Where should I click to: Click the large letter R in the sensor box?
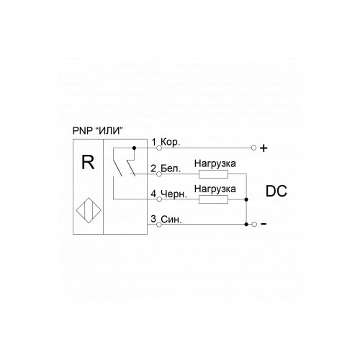[x=88, y=162]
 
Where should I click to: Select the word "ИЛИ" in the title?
[x=109, y=131]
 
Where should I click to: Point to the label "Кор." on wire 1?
[x=170, y=142]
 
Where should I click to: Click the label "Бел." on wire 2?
[x=171, y=168]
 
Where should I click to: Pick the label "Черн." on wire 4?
[x=174, y=194]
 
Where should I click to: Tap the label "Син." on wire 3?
[x=171, y=220]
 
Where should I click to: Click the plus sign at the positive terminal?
[x=264, y=148]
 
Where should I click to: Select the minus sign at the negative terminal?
[x=264, y=224]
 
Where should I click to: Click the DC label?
[x=276, y=192]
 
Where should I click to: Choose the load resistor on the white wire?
[x=213, y=174]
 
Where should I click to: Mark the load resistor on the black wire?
[x=213, y=199]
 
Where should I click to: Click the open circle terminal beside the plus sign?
[x=254, y=148]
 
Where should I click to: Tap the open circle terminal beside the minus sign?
[x=254, y=224]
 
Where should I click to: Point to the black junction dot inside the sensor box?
[x=134, y=148]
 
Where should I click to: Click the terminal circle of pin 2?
[x=159, y=174]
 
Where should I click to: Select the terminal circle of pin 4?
[x=159, y=199]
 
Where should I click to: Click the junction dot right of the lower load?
[x=246, y=199]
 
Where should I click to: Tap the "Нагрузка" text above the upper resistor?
[x=215, y=164]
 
